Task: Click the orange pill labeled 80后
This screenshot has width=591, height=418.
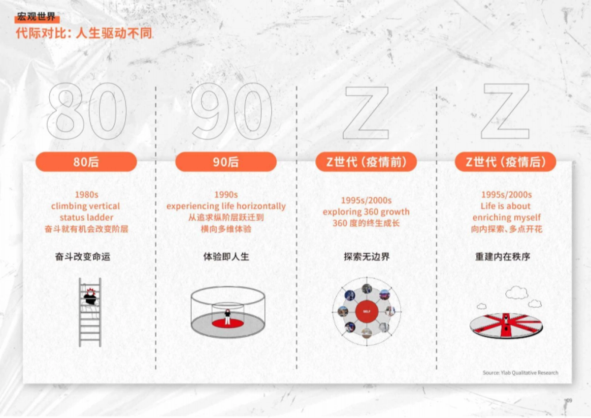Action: point(86,162)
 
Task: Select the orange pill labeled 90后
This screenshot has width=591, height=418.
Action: point(226,162)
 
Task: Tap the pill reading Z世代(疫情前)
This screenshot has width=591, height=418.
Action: point(366,162)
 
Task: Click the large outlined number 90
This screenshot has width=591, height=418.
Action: point(231,112)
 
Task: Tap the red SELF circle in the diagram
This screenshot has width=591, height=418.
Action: point(366,311)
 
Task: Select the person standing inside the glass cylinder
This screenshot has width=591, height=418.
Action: point(228,316)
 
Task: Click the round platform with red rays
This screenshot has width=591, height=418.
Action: point(506,325)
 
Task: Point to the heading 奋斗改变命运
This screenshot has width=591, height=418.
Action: point(82,256)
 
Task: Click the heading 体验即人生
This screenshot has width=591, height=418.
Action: point(226,256)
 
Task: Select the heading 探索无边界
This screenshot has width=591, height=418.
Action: point(366,256)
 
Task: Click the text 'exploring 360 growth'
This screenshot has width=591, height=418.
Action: point(366,212)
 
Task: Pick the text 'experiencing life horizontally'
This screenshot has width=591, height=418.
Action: point(226,206)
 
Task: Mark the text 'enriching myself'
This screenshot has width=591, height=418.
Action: point(506,217)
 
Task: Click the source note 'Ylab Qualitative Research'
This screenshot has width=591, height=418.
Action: point(521,373)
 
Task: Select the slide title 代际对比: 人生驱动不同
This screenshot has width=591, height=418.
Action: point(84,33)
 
